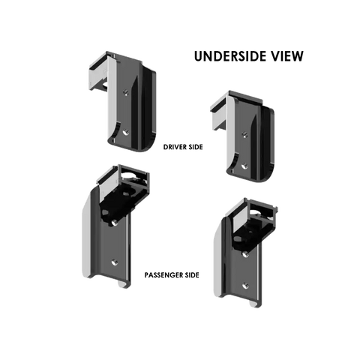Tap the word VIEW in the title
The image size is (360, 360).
coord(284,56)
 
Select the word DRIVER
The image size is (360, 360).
coord(174,147)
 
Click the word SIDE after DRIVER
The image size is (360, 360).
coord(194,147)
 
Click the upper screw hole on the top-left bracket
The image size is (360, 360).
coord(126,93)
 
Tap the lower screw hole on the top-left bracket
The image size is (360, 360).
coord(126,132)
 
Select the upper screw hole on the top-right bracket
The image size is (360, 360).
coord(245,134)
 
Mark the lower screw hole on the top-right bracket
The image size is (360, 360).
coord(245,166)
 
